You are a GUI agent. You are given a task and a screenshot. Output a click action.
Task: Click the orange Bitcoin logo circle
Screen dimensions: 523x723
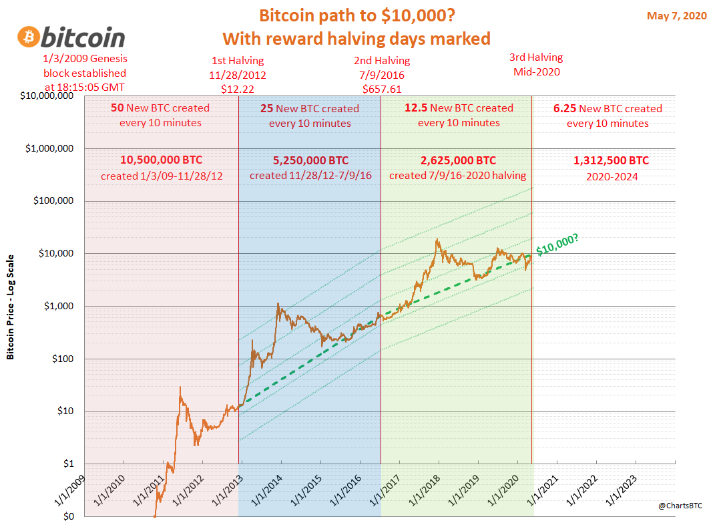pos(30,37)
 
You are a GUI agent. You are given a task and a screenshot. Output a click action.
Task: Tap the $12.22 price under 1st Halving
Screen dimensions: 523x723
pos(238,88)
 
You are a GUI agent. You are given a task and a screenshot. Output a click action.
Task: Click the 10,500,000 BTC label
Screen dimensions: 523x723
pos(161,160)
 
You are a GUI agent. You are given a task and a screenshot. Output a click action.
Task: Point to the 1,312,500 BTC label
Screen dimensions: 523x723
pos(611,161)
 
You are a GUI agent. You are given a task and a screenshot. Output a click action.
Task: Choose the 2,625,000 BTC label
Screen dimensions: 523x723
pos(458,160)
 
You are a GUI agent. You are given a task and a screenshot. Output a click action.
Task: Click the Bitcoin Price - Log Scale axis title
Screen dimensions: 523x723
pos(11,306)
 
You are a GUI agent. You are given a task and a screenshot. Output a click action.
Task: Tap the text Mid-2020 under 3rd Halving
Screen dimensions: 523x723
pos(535,71)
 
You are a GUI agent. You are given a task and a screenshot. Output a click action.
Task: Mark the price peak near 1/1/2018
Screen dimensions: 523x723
pos(437,240)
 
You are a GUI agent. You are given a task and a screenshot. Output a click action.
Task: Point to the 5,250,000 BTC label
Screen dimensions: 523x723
pos(310,161)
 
